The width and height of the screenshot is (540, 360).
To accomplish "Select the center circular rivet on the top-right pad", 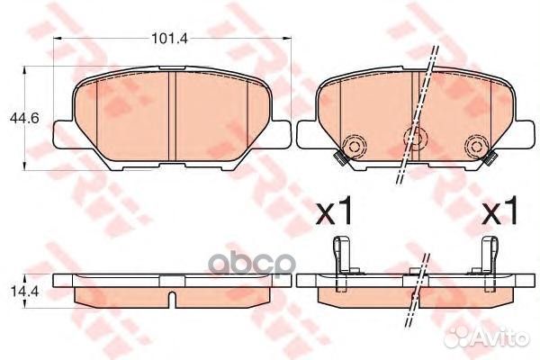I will point(414,138).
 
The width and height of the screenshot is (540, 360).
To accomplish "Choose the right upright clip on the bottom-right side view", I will point(490,256).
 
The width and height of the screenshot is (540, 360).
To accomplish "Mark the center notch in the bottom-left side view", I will point(170,293).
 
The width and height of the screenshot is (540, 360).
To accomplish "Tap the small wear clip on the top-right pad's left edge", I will point(339,159).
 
